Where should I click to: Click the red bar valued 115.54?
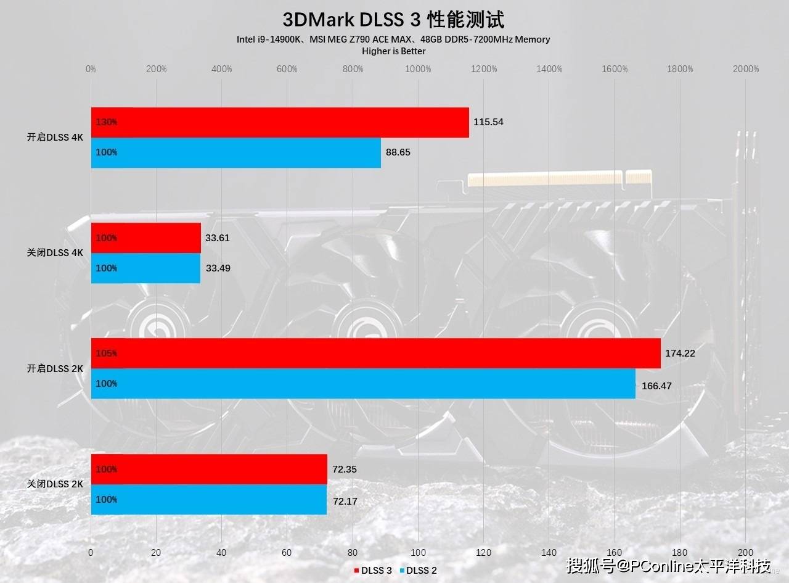pyautogui.click(x=280, y=122)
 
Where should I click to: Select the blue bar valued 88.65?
pyautogui.click(x=236, y=152)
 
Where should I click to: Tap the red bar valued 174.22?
pyautogui.click(x=376, y=354)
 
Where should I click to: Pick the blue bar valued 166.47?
pyautogui.click(x=363, y=384)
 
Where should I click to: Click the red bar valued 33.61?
pyautogui.click(x=146, y=238)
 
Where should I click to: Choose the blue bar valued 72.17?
pyautogui.click(x=209, y=500)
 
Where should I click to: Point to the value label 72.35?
pyautogui.click(x=345, y=469)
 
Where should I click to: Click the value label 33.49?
pyautogui.click(x=218, y=268)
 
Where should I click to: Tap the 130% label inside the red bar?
pyautogui.click(x=107, y=122)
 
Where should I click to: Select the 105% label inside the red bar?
pyautogui.click(x=107, y=354)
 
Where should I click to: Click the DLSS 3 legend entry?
pyautogui.click(x=373, y=571)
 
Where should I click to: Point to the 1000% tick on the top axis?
pyautogui.click(x=419, y=69)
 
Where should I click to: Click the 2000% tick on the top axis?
pyautogui.click(x=746, y=69)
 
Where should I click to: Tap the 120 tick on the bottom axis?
pyautogui.click(x=483, y=553)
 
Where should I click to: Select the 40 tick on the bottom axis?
pyautogui.click(x=222, y=553)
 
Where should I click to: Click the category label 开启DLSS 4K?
pyautogui.click(x=55, y=138)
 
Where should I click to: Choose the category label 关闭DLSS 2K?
pyautogui.click(x=55, y=484)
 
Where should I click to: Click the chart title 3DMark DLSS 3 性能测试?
pyautogui.click(x=393, y=20)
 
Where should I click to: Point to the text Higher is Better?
pyautogui.click(x=393, y=51)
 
